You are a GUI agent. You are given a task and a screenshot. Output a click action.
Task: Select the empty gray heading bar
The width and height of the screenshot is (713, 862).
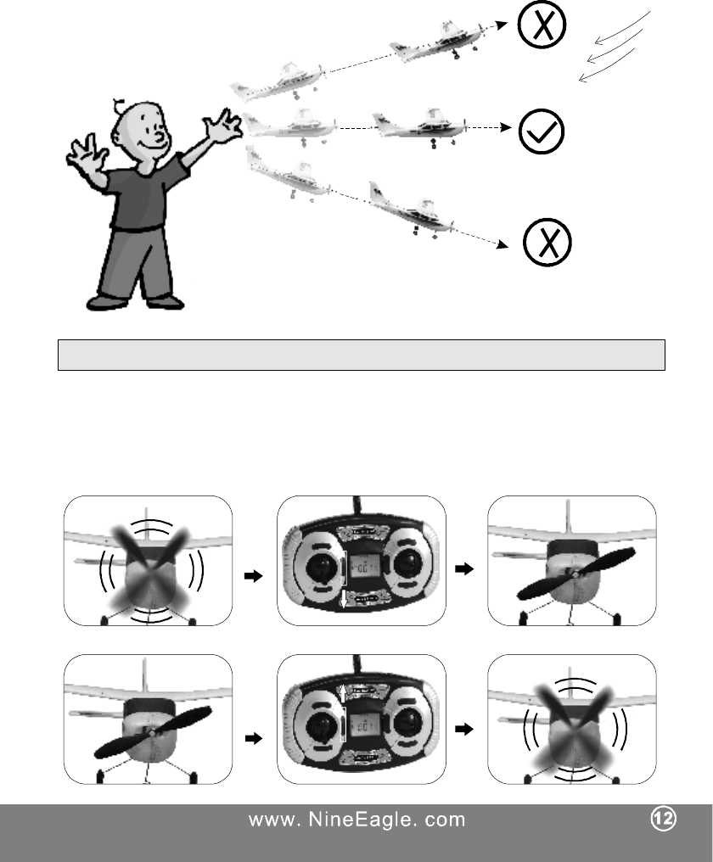tap(360, 355)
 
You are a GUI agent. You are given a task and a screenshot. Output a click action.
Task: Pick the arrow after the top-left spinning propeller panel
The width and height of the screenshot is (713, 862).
tap(253, 574)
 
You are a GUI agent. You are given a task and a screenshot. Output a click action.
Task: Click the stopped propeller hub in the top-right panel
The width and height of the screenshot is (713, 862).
tap(575, 574)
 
